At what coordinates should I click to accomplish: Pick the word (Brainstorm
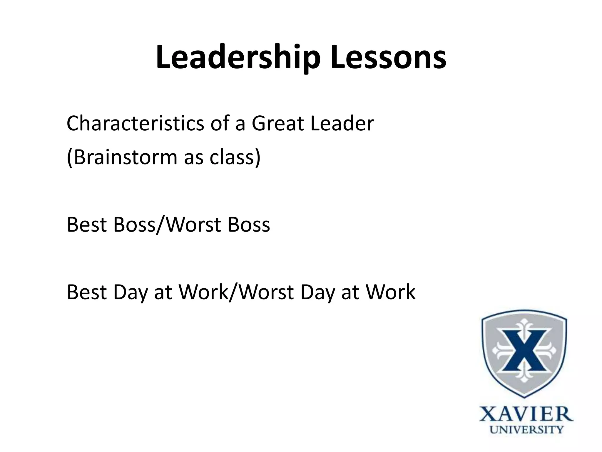click(122, 157)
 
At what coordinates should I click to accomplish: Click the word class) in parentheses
click(235, 157)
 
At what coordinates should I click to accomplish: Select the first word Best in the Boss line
click(87, 225)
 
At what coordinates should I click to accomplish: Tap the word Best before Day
click(87, 292)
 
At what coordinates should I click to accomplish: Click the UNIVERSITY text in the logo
click(526, 430)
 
